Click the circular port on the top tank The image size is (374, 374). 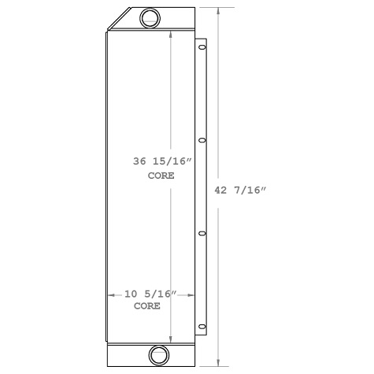pyautogui.click(x=150, y=18)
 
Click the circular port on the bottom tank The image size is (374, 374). pyautogui.click(x=158, y=355)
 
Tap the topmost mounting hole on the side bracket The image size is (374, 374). pyautogui.click(x=202, y=48)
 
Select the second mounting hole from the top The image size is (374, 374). pyautogui.click(x=202, y=141)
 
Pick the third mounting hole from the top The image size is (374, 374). pyautogui.click(x=202, y=233)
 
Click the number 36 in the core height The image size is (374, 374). pyautogui.click(x=140, y=161)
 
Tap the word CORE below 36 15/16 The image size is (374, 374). pyautogui.click(x=161, y=176)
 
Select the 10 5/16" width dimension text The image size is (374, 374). pyautogui.click(x=150, y=294)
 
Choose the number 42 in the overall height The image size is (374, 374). pyautogui.click(x=222, y=190)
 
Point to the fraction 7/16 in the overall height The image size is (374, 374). pyautogui.click(x=251, y=190)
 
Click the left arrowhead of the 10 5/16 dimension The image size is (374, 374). pyautogui.click(x=110, y=294)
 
